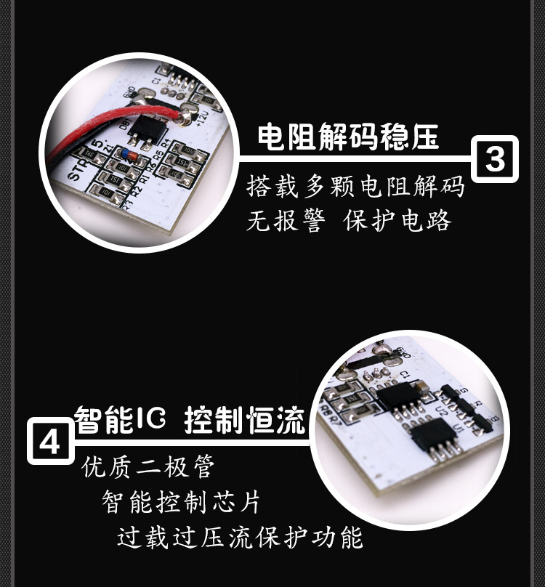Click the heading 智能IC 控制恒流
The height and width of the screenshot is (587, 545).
pos(190,421)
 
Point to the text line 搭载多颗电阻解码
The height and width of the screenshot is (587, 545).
pos(355,187)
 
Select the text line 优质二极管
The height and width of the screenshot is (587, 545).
pos(148,466)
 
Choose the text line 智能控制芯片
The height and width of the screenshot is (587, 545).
pos(181,502)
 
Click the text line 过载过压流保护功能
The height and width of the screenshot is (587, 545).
pos(240,538)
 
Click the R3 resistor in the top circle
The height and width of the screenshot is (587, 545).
pos(106,193)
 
